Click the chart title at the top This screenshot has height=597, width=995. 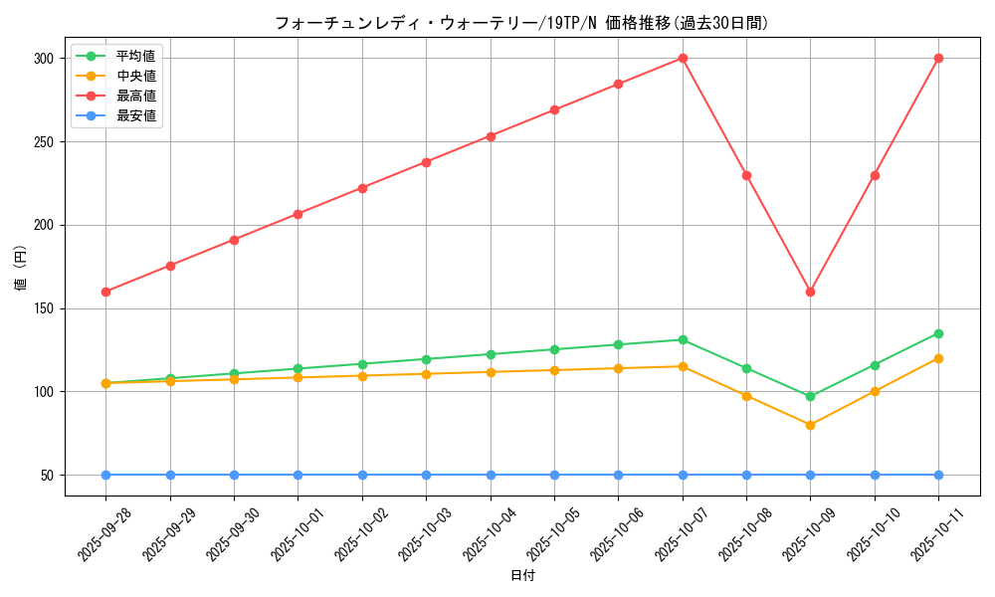[521, 23]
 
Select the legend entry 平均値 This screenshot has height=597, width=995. [135, 56]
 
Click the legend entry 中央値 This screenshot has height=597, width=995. [135, 76]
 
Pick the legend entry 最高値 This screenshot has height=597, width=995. [135, 96]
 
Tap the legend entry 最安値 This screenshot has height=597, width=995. [135, 115]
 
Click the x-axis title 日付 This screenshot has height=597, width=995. [522, 576]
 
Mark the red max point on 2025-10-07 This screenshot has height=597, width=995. [683, 58]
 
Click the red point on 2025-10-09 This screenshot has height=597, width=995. [810, 292]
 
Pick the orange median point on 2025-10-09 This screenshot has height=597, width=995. [810, 425]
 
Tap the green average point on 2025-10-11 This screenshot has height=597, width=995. [938, 333]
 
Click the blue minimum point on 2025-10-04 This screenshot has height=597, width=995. [491, 475]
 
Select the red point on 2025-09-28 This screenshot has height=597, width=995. [105, 292]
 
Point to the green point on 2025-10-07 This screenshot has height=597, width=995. [683, 339]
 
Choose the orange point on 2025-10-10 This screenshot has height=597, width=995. [875, 391]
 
